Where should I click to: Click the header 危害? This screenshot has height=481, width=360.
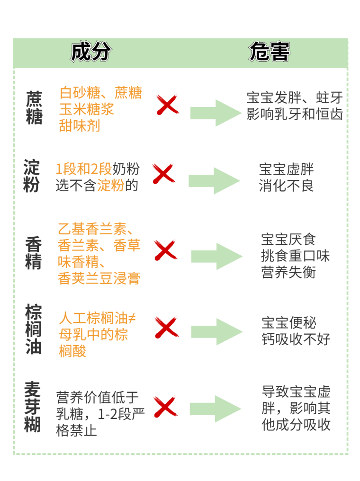[269, 53]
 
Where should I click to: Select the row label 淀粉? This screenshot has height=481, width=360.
[32, 176]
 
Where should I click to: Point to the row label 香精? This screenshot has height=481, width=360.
[34, 253]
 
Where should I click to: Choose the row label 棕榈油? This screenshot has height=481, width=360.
[34, 330]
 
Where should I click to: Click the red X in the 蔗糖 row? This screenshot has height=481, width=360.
[167, 105]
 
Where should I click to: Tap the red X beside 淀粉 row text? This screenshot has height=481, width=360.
[163, 174]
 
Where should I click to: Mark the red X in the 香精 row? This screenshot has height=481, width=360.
[165, 250]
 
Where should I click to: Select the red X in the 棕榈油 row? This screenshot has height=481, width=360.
[166, 327]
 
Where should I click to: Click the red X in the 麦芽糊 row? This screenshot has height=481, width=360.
[165, 407]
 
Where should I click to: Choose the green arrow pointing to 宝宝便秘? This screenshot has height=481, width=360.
[216, 331]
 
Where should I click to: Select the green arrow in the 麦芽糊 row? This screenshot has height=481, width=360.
[216, 409]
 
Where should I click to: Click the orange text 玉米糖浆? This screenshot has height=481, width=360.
[87, 109]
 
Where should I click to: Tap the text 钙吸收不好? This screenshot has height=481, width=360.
[296, 339]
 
